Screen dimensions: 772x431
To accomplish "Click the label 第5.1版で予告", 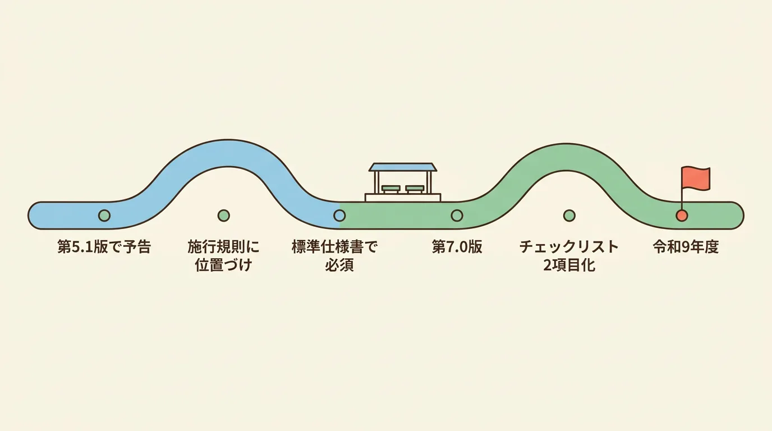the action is tap(104, 247).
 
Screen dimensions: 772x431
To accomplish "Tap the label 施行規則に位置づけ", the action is tap(223, 256).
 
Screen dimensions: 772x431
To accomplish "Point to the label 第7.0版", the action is tap(457, 247).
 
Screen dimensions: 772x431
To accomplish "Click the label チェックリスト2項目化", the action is tap(569, 256).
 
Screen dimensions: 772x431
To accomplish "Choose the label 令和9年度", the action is tap(686, 247).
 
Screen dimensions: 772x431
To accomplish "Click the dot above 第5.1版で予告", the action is tap(104, 215).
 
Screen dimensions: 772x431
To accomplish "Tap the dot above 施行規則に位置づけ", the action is tap(224, 215).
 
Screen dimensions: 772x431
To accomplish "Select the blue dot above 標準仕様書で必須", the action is tap(339, 215).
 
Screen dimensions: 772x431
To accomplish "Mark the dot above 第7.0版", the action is tap(457, 215).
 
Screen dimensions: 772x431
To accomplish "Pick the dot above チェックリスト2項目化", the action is tap(569, 215).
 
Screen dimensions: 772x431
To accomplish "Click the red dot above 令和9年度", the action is tap(682, 215).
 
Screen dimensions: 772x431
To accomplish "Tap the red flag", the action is tap(696, 178).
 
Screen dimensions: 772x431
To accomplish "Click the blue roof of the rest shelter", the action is tap(402, 167).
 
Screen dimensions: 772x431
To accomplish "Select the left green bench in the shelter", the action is tap(391, 189).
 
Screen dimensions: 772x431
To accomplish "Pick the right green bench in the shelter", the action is tap(415, 189).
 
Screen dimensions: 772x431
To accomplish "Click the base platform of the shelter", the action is tap(403, 197).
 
